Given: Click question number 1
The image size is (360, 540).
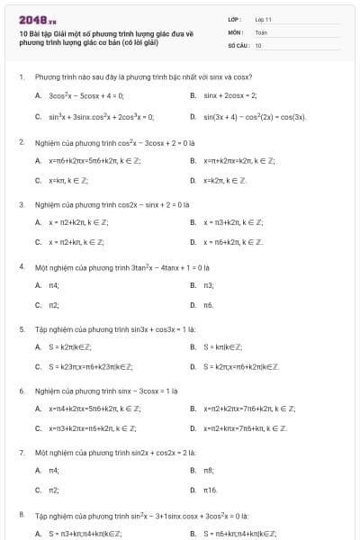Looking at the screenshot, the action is click(21, 77).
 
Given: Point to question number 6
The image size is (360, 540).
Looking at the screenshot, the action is click(21, 391).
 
